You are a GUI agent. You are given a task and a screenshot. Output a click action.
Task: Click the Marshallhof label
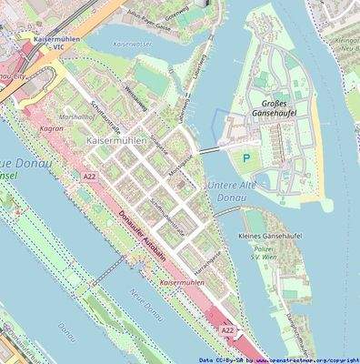(x=51, y=116)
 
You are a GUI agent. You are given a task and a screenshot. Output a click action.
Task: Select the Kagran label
(x=51, y=130)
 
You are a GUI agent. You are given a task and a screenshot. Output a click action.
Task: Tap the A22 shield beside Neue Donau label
(x=88, y=177)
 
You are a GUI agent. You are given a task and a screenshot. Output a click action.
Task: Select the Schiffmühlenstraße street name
(x=166, y=217)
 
